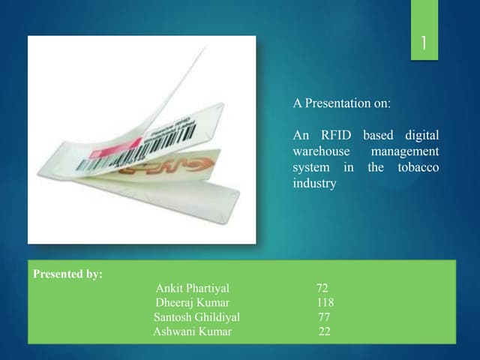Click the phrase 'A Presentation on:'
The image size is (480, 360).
341,103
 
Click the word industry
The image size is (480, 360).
314,184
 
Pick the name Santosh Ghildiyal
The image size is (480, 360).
196,317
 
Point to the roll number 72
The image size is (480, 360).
322,288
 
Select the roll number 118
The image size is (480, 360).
325,302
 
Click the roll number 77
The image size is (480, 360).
324,317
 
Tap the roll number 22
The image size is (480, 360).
324,331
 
